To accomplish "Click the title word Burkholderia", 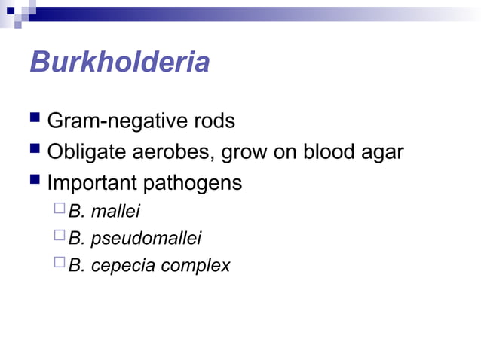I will [119, 62].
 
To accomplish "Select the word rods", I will [213, 121].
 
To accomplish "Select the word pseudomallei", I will [146, 240].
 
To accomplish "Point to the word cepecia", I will [121, 266].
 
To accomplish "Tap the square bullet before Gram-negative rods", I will [35, 121].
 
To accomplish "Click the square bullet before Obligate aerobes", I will [35, 151].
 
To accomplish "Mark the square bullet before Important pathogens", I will [35, 182].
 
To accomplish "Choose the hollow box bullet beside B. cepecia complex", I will [60, 264].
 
